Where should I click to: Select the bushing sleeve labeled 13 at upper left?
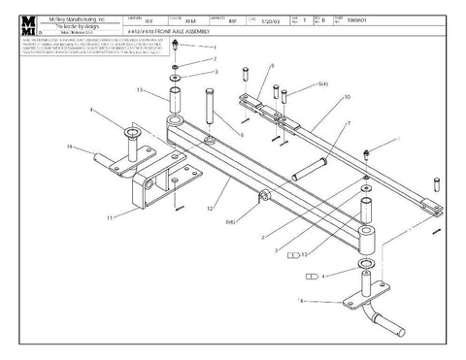click(175, 101)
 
